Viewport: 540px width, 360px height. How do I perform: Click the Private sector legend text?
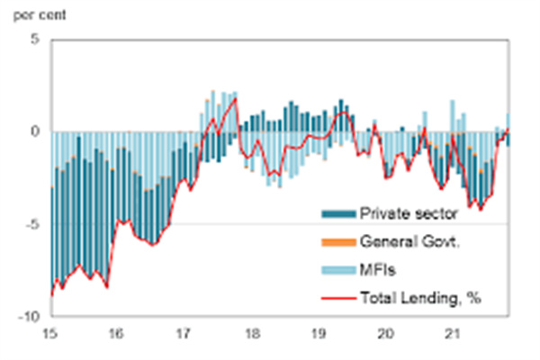409,214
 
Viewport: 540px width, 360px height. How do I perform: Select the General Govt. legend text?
413,241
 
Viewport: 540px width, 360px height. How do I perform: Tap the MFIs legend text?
378,269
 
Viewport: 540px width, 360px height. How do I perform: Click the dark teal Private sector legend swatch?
337,214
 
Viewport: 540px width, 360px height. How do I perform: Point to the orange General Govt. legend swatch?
337,242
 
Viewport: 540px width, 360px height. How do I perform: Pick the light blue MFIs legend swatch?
337,269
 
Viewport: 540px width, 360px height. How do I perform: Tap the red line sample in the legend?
337,296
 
